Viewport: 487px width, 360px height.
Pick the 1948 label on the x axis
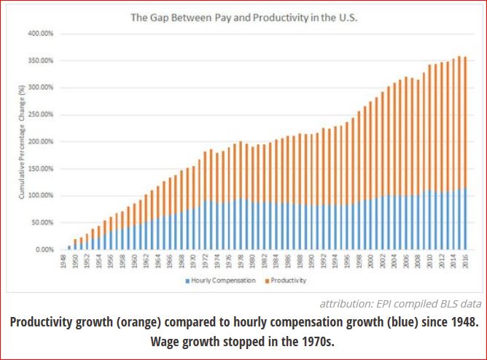click(x=63, y=262)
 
